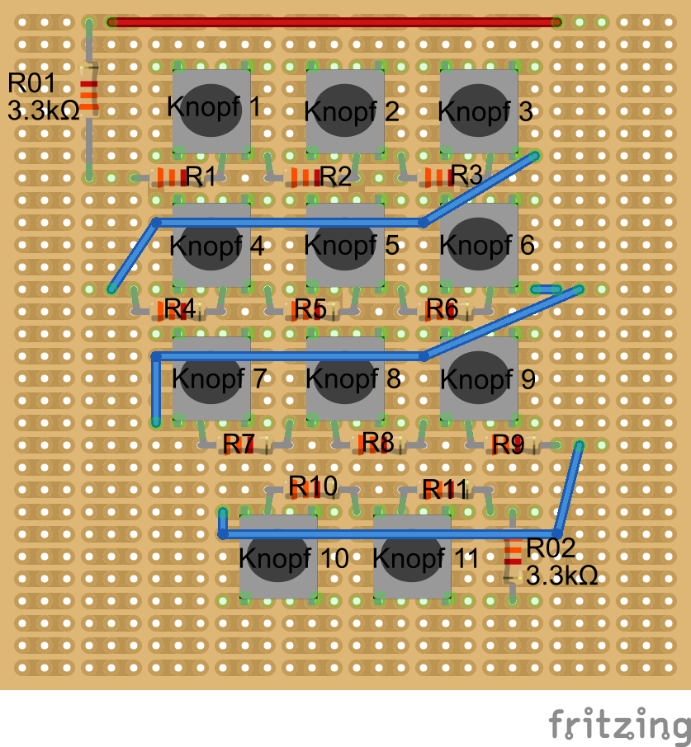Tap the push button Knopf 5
pos(345,245)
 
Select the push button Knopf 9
pos(479,378)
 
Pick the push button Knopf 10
pos(278,557)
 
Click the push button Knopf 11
pos(412,557)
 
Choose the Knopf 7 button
pos(211,378)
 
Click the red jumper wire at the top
pos(334,22)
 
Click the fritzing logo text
pos(618,726)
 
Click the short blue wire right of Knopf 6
pos(547,289)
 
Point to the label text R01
pos(31,83)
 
